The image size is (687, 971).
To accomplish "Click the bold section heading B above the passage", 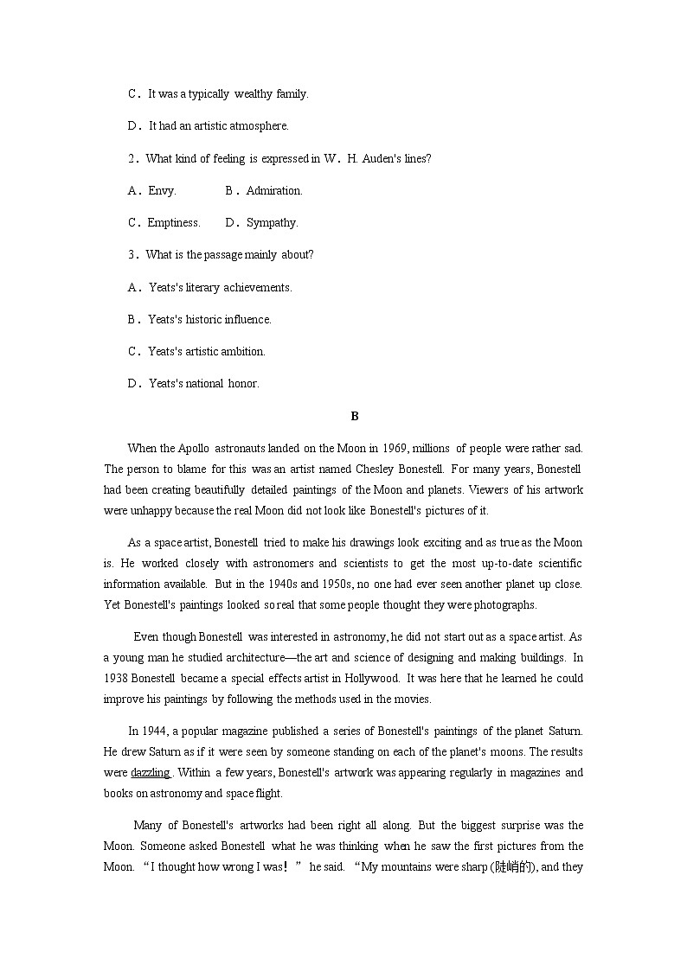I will [x=355, y=417].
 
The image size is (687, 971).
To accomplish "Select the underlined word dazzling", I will [x=150, y=773].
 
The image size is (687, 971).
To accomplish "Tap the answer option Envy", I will [x=161, y=190].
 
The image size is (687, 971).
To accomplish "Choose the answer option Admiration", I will [x=273, y=190].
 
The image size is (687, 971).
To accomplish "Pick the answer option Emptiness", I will [x=173, y=223].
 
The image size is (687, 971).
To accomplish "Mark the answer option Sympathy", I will [x=272, y=223].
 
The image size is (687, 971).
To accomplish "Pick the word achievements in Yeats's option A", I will [x=258, y=288].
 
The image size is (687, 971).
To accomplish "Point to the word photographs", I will [x=505, y=605].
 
